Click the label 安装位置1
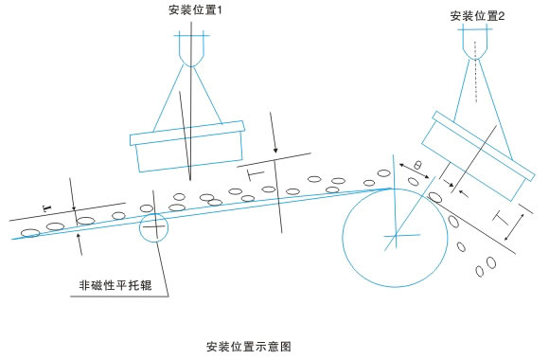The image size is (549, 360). (x=195, y=9)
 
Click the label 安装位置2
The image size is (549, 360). (x=477, y=16)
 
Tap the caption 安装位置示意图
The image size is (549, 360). (x=249, y=347)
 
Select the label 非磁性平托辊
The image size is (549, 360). (x=115, y=285)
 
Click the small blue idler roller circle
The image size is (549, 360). (x=140, y=227)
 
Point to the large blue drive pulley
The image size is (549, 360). (x=343, y=238)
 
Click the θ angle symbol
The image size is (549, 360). (x=417, y=165)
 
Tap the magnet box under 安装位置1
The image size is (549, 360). (x=187, y=147)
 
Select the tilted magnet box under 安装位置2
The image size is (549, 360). (x=478, y=156)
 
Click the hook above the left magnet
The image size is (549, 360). (x=191, y=49)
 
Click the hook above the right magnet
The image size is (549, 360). (x=475, y=42)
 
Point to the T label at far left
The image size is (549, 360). (x=47, y=208)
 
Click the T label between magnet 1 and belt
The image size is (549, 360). (x=256, y=174)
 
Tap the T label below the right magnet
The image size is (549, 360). (x=501, y=217)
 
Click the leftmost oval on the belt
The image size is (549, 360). (x=30, y=232)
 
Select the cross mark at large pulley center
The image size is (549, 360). (x=396, y=235)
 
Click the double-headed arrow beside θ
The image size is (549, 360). (x=415, y=171)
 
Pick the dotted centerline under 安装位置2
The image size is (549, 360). (x=475, y=72)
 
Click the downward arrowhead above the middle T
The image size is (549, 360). (x=275, y=150)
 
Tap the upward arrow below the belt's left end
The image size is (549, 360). (x=80, y=244)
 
